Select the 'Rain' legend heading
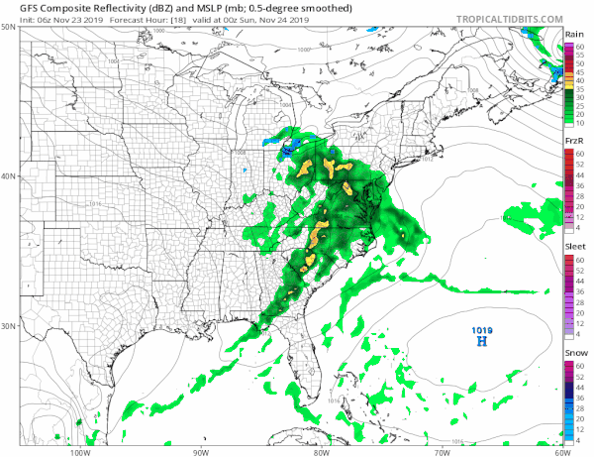573,34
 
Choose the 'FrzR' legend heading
573,141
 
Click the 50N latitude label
8,28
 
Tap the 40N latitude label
8,176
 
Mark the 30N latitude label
8,326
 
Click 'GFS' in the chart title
17,8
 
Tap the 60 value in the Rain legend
580,46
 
